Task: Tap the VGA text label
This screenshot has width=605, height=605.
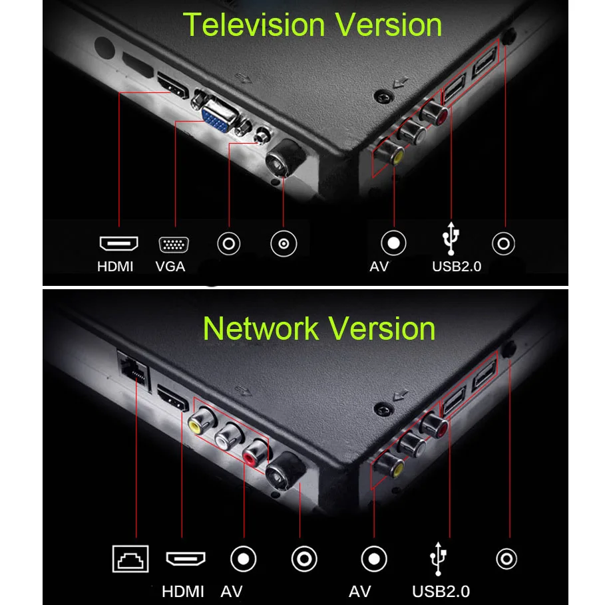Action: click(170, 267)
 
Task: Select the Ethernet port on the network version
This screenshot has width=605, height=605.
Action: click(133, 368)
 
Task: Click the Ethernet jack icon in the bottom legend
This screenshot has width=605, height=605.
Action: click(130, 558)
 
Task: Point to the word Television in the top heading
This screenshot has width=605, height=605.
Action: click(254, 25)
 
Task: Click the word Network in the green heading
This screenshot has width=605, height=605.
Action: click(261, 328)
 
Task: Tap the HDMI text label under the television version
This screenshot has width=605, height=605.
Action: click(115, 267)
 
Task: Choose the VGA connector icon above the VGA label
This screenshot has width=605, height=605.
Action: click(174, 245)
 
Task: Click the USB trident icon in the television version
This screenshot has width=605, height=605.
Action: click(451, 239)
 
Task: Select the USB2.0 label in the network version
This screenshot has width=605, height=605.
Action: click(441, 592)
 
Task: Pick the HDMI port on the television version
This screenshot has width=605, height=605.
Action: click(172, 86)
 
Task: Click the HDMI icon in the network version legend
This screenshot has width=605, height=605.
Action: click(186, 558)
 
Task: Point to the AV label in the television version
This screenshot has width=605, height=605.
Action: click(379, 267)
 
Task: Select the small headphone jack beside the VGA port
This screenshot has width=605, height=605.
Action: click(262, 136)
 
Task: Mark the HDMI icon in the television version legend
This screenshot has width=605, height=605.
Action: click(119, 243)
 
